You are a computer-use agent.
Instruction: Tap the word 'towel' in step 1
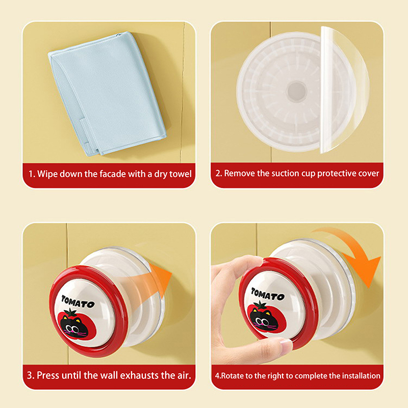(181, 174)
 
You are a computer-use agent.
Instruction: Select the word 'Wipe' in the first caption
(47, 174)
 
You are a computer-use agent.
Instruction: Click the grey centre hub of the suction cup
(296, 91)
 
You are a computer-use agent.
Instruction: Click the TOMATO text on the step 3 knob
(78, 302)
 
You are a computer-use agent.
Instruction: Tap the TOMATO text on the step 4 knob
(268, 294)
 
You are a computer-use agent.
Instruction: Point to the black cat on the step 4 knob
(264, 320)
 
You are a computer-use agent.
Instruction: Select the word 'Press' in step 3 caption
(48, 375)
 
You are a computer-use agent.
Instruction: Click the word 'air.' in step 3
(182, 375)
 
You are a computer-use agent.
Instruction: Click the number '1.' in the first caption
(32, 174)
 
